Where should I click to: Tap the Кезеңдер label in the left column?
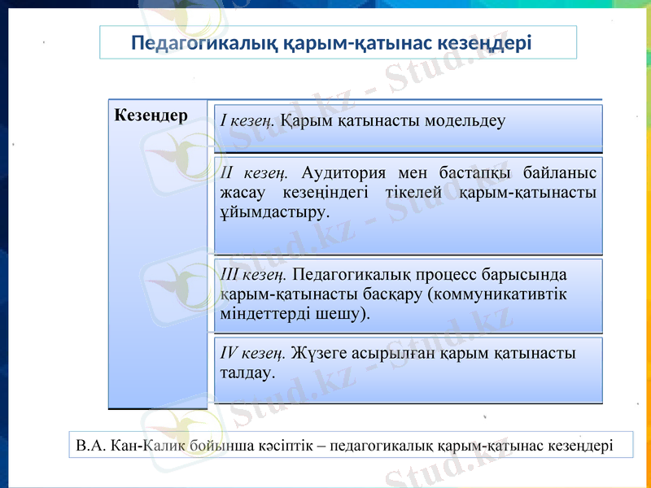coord(151,115)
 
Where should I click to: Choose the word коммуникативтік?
coord(497,294)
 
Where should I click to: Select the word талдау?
coord(247,373)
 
